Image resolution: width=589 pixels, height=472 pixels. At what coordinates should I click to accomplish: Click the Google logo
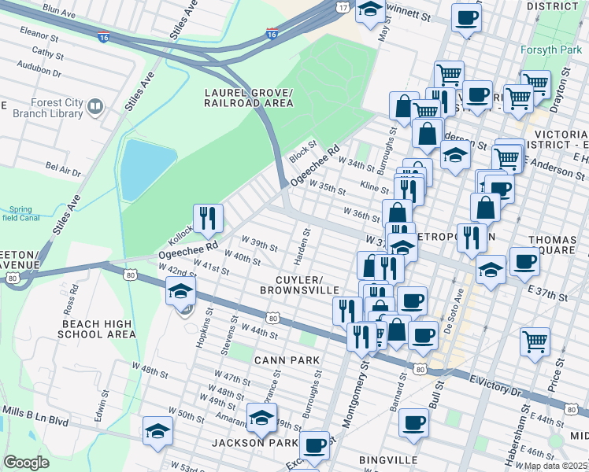coord(26,463)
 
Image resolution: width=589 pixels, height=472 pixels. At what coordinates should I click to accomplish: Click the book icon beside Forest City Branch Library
coord(95,105)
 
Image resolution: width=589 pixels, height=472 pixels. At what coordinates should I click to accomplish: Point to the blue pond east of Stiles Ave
coord(146,168)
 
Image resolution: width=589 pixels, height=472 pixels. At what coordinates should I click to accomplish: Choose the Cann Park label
coord(287,360)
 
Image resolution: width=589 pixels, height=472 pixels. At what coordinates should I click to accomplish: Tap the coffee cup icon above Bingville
coord(413,423)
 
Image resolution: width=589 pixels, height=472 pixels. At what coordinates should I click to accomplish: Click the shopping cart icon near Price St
coord(535,341)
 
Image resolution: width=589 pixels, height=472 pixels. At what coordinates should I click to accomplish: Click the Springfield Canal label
coord(19,215)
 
